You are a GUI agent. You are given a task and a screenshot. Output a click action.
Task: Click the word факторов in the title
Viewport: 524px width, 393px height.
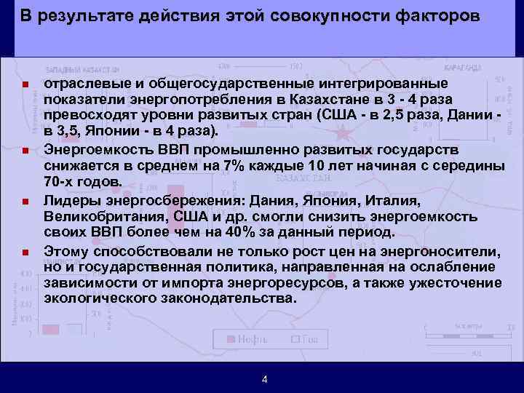[436, 17]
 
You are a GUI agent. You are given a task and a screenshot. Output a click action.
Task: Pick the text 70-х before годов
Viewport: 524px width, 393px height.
[60, 182]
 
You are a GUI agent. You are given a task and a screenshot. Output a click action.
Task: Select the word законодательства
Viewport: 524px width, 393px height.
[233, 299]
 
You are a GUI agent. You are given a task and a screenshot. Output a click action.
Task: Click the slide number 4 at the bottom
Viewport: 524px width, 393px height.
[264, 379]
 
